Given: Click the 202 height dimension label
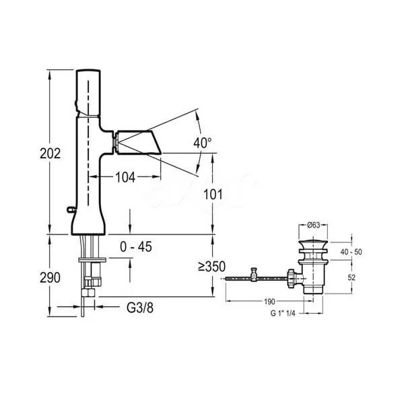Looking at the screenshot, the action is point(50,154).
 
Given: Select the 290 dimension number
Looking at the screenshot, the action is point(50,277).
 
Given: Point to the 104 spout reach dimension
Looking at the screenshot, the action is point(125,177).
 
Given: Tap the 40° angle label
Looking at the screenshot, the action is point(203,143).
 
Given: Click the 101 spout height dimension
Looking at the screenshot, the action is point(213,195).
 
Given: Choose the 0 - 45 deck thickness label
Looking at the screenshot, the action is point(136,247).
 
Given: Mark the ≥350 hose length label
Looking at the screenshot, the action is point(212,267).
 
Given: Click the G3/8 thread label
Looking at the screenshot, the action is point(140,308).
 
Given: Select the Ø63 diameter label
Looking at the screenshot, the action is point(313,225).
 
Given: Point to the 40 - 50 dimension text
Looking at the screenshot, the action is point(351,252).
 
